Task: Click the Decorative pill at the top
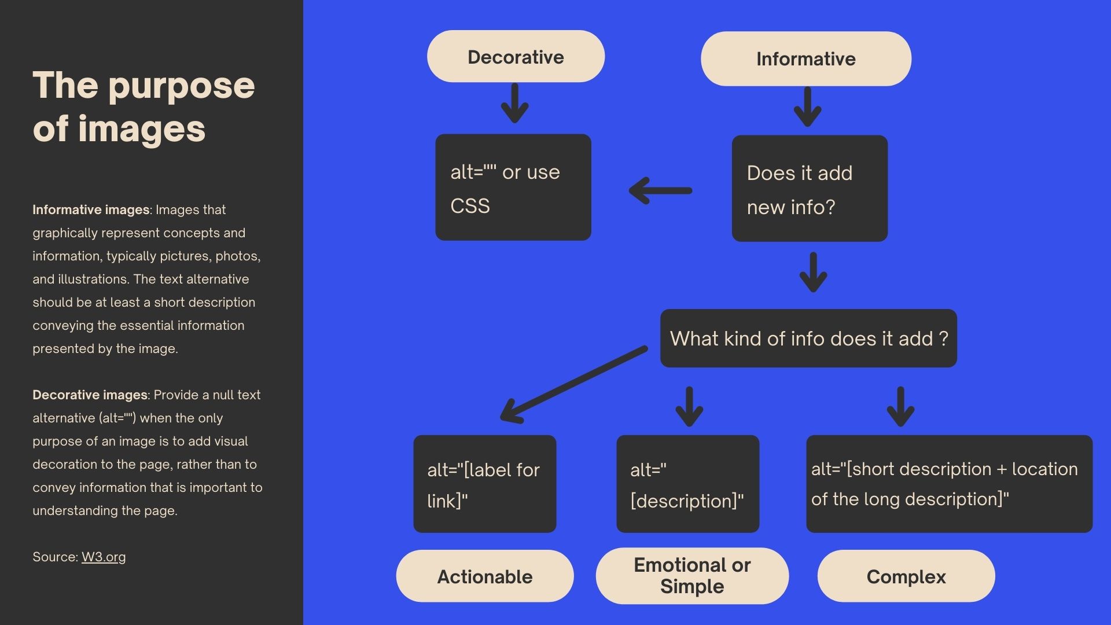click(x=516, y=57)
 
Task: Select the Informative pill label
click(x=805, y=59)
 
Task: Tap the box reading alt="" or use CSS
click(x=513, y=187)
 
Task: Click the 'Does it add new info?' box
click(x=810, y=189)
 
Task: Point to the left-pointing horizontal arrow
click(x=661, y=190)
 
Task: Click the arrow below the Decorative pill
click(x=514, y=103)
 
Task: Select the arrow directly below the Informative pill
click(x=808, y=106)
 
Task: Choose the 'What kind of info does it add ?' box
click(x=808, y=339)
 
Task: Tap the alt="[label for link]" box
click(x=485, y=484)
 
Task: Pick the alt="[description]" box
click(x=687, y=484)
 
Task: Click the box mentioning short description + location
click(x=949, y=484)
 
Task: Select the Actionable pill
click(x=485, y=576)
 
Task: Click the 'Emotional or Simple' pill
click(x=692, y=576)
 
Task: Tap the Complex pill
click(x=906, y=576)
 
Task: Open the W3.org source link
click(x=104, y=557)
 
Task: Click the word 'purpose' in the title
click(x=181, y=86)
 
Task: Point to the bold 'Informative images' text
click(x=90, y=209)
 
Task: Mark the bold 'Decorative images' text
click(x=90, y=395)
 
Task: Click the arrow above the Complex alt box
click(x=900, y=407)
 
